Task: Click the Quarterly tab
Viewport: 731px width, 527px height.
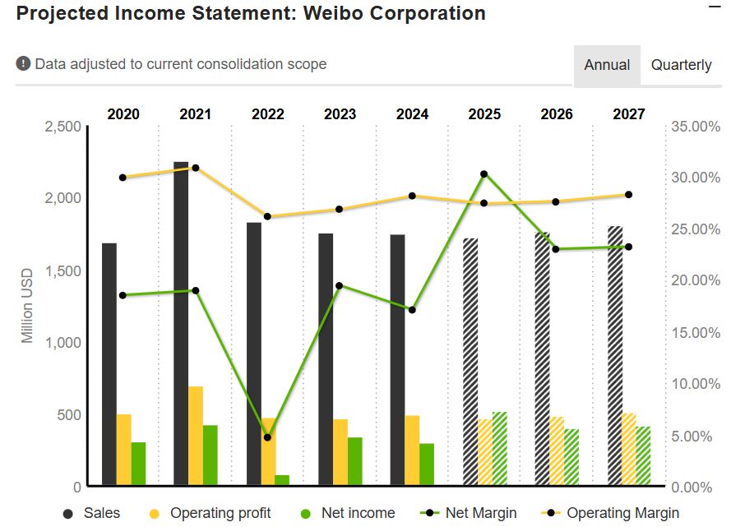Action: [x=681, y=65]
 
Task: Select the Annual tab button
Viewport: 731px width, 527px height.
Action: [x=607, y=65]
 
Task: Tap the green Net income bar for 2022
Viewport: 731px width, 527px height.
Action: [x=282, y=480]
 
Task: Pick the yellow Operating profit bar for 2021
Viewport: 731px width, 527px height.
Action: [x=196, y=436]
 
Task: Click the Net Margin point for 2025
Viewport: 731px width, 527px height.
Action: [x=484, y=174]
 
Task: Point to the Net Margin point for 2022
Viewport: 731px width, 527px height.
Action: [x=267, y=437]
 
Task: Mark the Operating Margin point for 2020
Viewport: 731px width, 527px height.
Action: [x=123, y=178]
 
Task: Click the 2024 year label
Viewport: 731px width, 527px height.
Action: [x=412, y=114]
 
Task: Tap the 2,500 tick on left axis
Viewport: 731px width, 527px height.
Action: [x=62, y=127]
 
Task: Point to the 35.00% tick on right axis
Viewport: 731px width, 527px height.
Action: [x=695, y=127]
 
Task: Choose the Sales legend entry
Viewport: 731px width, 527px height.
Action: [x=92, y=513]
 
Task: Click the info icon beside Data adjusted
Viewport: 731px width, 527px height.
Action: [x=23, y=63]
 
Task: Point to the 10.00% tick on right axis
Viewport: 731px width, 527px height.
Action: [x=695, y=384]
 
